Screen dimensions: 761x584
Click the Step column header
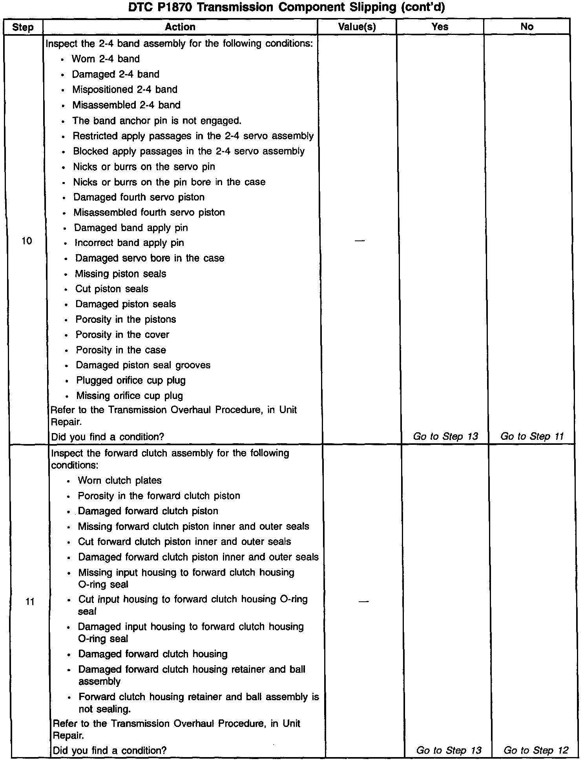point(23,27)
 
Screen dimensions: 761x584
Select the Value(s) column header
point(357,27)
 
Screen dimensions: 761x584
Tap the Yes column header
point(440,26)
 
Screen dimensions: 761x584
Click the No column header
point(527,26)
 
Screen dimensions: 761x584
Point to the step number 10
point(27,241)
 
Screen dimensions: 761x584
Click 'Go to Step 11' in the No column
point(532,436)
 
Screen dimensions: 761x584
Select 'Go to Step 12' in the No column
point(536,750)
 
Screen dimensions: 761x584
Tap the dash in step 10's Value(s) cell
point(359,240)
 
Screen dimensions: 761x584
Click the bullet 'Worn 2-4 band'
point(106,59)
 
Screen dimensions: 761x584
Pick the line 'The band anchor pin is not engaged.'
point(157,120)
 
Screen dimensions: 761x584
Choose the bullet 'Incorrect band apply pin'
point(129,243)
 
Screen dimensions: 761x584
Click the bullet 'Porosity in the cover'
point(122,335)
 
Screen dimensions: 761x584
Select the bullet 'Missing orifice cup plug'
point(130,395)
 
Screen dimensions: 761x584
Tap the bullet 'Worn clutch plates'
point(120,480)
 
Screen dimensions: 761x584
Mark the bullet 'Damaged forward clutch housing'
point(153,654)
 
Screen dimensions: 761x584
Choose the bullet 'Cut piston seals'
point(112,289)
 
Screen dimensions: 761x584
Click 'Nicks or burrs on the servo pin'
point(144,167)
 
